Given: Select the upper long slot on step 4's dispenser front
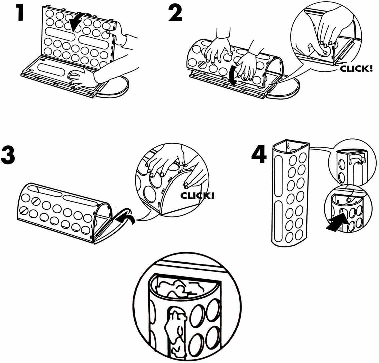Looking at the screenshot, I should click(279, 175).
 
